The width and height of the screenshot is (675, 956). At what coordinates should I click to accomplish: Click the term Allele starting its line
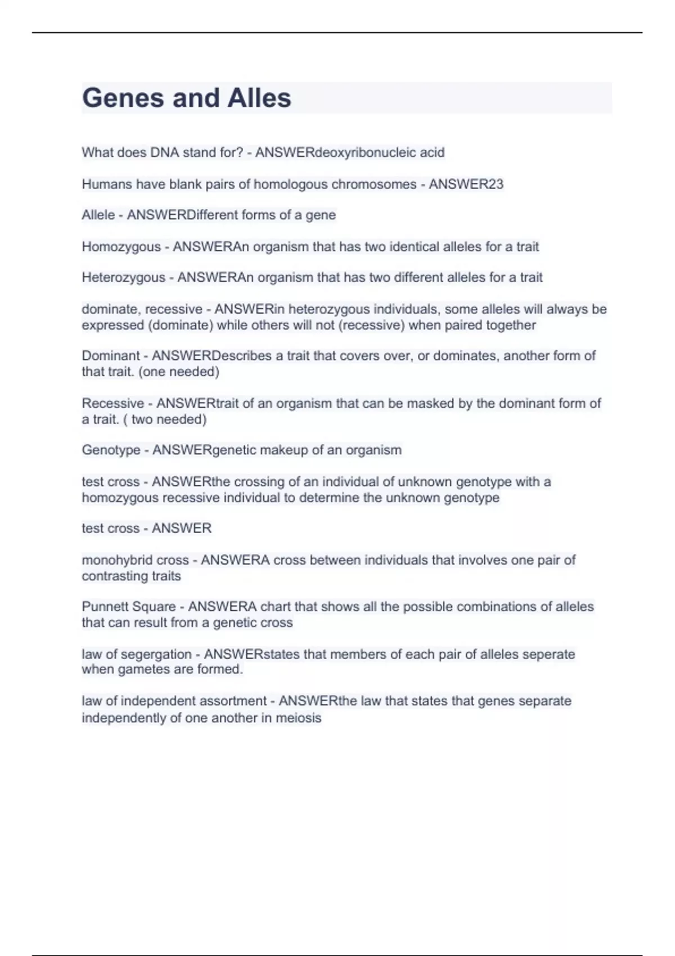pyautogui.click(x=98, y=215)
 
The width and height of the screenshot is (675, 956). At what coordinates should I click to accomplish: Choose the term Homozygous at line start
pyautogui.click(x=121, y=246)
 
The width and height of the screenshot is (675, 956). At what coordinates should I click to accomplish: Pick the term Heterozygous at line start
pyautogui.click(x=123, y=277)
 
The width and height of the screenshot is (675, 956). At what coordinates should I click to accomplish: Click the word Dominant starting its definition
pyautogui.click(x=111, y=355)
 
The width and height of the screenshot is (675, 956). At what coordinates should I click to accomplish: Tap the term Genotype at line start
pyautogui.click(x=111, y=450)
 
